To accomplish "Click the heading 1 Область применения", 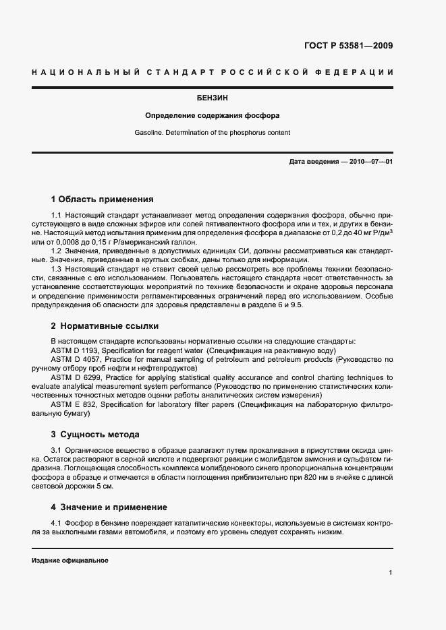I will coord(103,199).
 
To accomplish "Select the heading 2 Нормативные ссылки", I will coord(105,326).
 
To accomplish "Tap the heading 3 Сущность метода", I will coord(95,435).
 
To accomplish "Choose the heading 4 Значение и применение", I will coord(109,507).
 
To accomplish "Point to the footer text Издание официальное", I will coord(70,561).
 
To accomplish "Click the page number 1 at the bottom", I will coord(391,573).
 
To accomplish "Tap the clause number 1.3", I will coord(57,269).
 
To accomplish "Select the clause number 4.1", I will coord(57,524).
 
